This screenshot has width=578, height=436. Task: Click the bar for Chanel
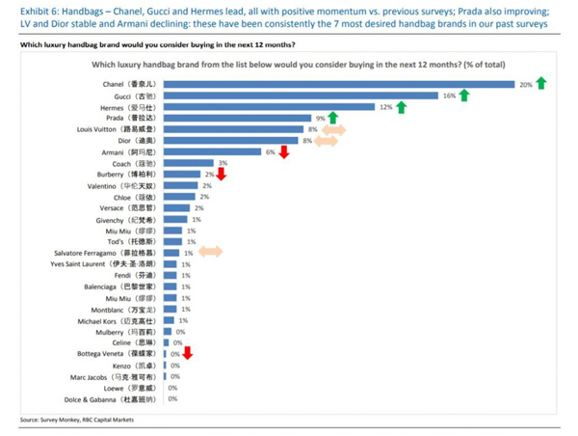click(x=338, y=84)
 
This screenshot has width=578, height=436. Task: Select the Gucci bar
click(x=300, y=95)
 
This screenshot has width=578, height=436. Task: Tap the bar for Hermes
click(x=269, y=107)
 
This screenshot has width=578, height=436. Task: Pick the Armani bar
click(x=212, y=151)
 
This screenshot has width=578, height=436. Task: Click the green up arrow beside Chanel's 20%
click(x=540, y=84)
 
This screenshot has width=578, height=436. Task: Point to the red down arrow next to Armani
click(x=283, y=151)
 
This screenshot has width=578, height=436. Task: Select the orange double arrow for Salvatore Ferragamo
click(x=210, y=252)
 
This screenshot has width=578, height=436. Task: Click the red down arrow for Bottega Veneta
click(x=188, y=353)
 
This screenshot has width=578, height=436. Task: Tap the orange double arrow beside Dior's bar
click(x=326, y=141)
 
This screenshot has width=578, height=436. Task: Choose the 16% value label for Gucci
click(x=448, y=95)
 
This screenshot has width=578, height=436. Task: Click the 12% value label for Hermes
click(x=385, y=107)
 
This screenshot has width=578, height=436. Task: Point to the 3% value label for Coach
click(x=223, y=163)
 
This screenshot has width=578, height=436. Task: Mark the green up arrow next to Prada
click(x=332, y=118)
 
